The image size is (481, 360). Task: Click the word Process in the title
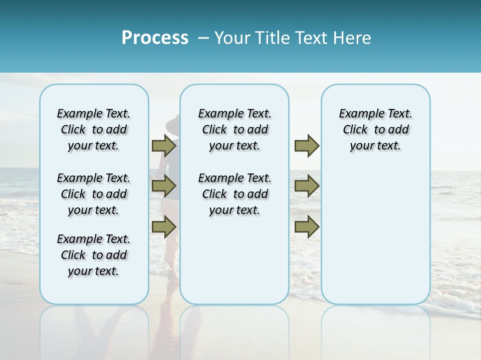pos(155,37)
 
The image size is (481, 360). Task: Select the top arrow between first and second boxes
pos(164,145)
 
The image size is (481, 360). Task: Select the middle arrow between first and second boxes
pos(164,186)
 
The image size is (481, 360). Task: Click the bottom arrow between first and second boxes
pos(164,227)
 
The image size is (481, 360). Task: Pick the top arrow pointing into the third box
pos(307,145)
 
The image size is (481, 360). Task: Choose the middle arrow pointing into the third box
pos(307,186)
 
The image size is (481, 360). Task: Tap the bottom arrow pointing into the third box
pos(307,227)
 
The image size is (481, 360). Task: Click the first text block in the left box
pos(94,129)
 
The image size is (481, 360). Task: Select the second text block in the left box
pos(94,194)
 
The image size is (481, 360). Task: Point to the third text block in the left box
pos(94,255)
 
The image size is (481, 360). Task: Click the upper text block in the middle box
pos(234,129)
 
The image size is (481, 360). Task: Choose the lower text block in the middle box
pos(234,194)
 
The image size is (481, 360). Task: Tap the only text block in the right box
pos(375,129)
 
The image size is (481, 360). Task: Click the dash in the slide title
pos(203,38)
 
